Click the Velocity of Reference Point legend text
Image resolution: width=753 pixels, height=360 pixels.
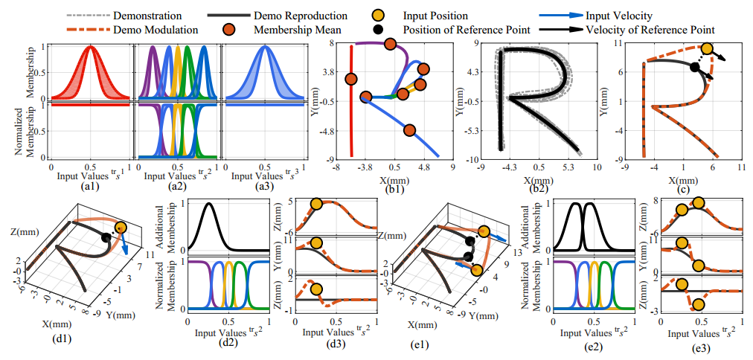tap(650, 30)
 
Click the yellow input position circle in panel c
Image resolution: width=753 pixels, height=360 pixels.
tap(707, 49)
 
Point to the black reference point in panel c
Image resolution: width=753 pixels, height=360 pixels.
tap(694, 67)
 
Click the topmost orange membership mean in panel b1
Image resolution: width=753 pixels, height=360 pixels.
tap(391, 45)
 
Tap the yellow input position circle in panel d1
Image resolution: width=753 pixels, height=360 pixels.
tap(121, 227)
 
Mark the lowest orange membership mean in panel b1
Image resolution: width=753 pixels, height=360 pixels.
tap(408, 130)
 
